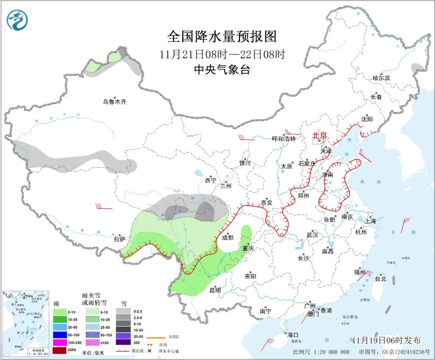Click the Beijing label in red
pyautogui.click(x=320, y=135)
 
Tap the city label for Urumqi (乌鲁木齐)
pyautogui.click(x=116, y=102)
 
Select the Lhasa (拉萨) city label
pyautogui.click(x=119, y=239)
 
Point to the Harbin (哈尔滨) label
pyautogui.click(x=380, y=78)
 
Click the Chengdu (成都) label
pyautogui.click(x=227, y=238)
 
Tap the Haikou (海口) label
pyautogui.click(x=293, y=335)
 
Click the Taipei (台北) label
pyautogui.click(x=380, y=278)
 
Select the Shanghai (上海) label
pyautogui.click(x=370, y=221)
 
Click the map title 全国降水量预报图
pyautogui.click(x=222, y=37)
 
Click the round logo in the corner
pyautogui.click(x=17, y=20)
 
